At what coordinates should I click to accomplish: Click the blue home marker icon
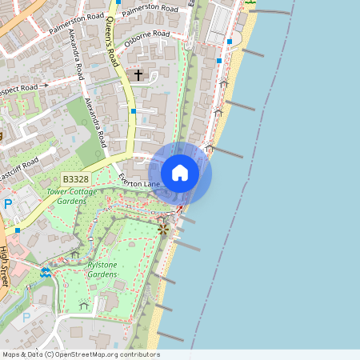pos(180,173)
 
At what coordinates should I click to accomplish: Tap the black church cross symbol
pos(138,75)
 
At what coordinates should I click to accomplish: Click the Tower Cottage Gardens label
pos(77,196)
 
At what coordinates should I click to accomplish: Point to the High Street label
pos(5,266)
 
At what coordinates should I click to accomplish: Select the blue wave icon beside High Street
pos(45,273)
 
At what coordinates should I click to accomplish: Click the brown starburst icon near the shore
pos(163,230)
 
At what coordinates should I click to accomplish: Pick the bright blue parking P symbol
pos(8,205)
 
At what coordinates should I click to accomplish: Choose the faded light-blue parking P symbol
pos(26,318)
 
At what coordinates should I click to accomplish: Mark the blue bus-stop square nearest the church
pos(134,111)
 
